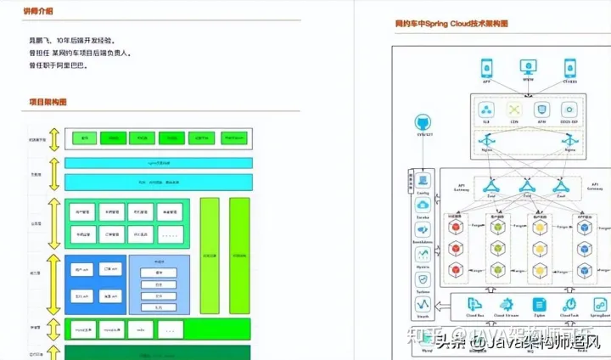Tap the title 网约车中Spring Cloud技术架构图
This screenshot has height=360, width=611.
coord(452,25)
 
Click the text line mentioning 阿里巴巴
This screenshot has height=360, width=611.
coord(61,65)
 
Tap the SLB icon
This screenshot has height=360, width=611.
coord(487,110)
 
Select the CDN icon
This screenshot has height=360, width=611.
coord(514,110)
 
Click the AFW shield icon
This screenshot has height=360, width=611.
coord(541,110)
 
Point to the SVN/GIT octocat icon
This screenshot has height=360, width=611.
coord(422,123)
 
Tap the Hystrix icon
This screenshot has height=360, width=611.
coord(422,254)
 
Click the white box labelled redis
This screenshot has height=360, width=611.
coord(141,329)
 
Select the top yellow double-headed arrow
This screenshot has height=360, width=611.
coord(53,139)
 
